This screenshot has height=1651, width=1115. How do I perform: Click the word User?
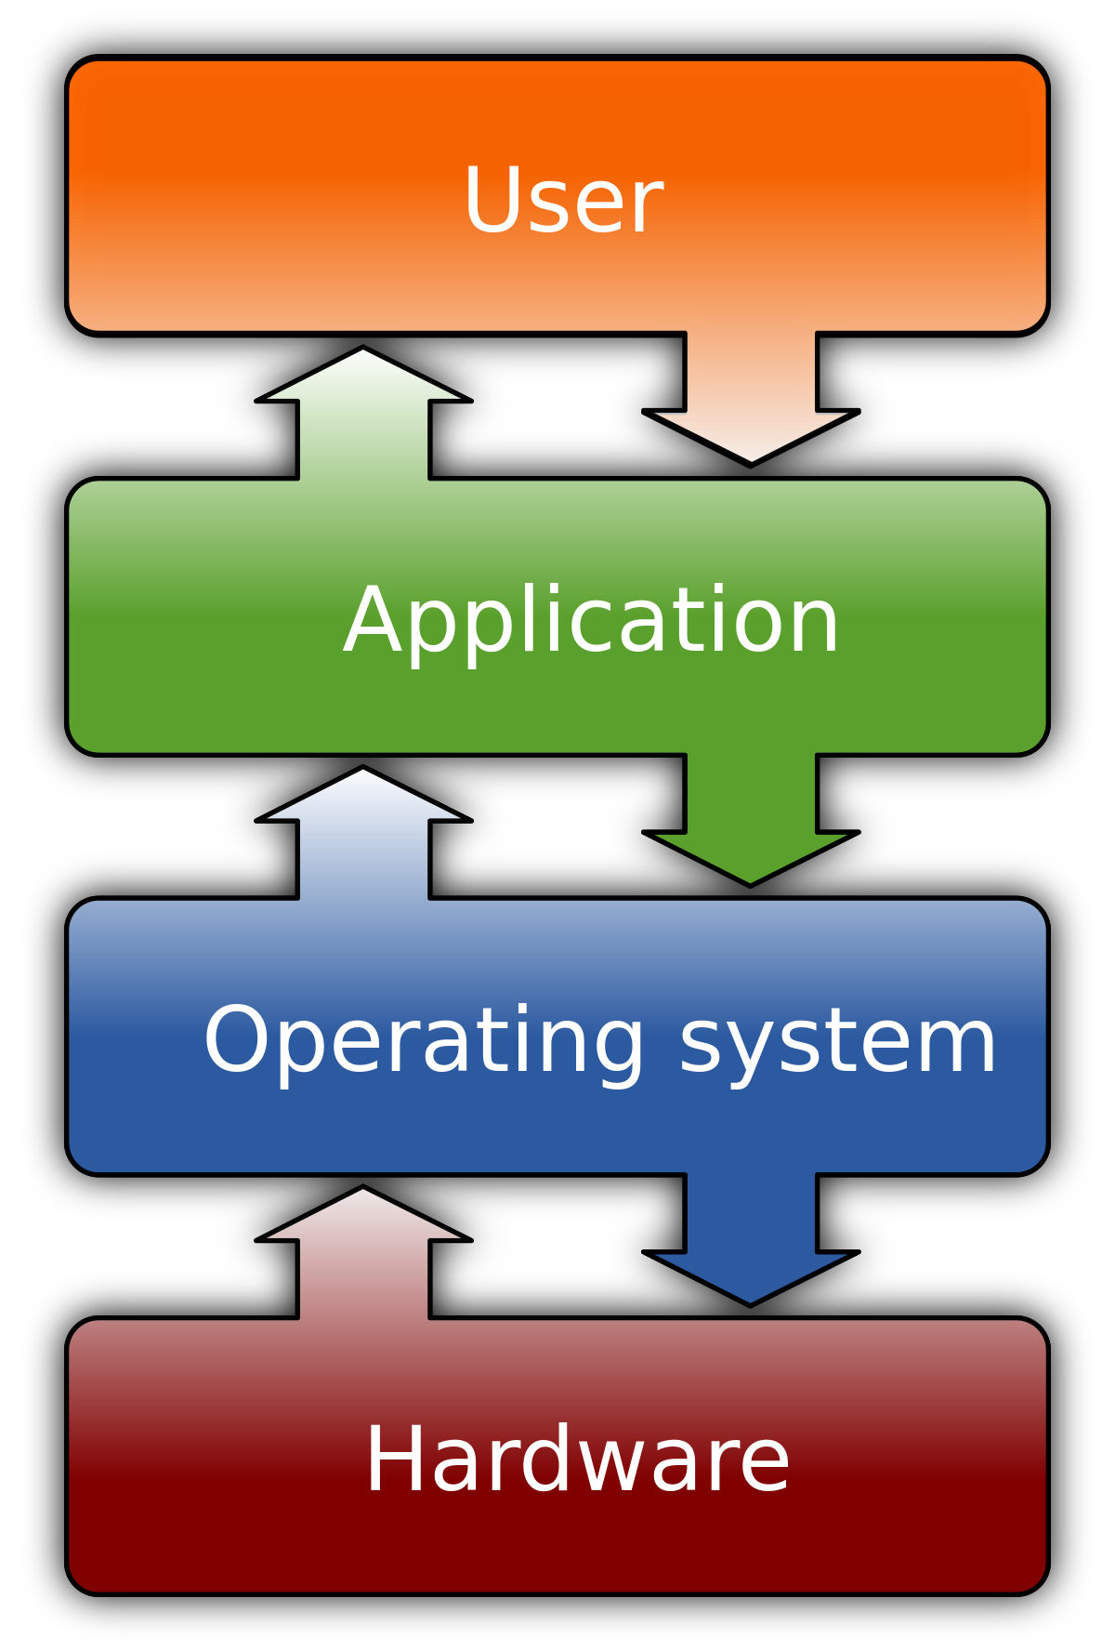click(x=563, y=202)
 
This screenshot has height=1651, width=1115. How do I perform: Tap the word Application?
click(x=592, y=621)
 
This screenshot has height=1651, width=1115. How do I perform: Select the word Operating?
click(x=424, y=1041)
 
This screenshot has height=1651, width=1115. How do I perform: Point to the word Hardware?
click(x=577, y=1460)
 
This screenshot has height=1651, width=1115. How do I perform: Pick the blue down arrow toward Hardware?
click(x=751, y=1236)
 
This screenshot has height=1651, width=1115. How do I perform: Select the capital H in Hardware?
click(x=396, y=1460)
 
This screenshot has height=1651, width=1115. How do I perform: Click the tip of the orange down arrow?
click(x=751, y=459)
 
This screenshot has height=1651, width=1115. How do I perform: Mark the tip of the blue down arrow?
click(x=751, y=1301)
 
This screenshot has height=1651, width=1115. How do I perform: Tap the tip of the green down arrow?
click(x=751, y=881)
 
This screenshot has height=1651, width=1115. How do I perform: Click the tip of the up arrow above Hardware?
click(x=363, y=1192)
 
